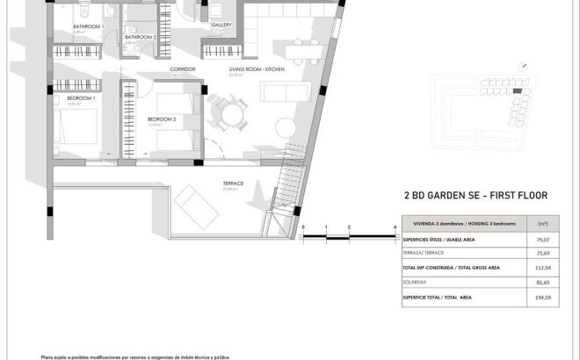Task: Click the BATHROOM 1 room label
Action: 88,26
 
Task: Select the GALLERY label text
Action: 221,25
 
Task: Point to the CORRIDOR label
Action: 182,68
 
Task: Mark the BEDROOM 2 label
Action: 162,119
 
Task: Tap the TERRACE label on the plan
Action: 233,183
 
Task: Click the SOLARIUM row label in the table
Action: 416,282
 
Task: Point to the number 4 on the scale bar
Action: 395,227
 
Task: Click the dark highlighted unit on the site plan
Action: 518,90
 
